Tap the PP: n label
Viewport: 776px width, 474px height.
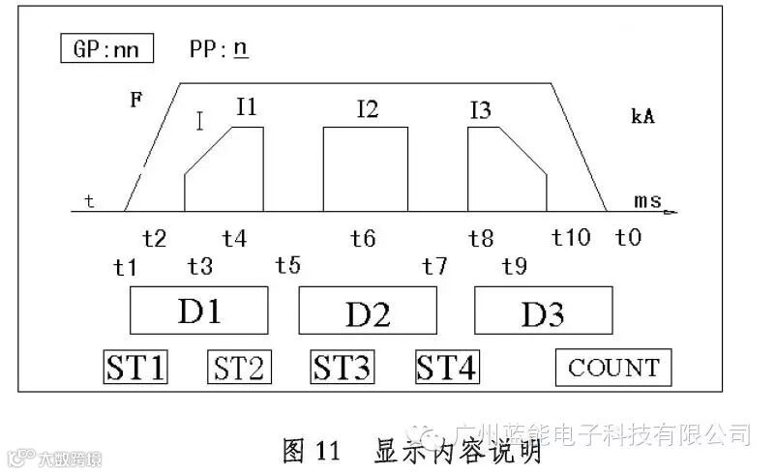(x=220, y=49)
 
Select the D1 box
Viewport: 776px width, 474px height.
(x=198, y=311)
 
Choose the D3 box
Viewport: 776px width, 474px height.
(x=543, y=313)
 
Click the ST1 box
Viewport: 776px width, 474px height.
(x=135, y=368)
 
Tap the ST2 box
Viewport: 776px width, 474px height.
(x=240, y=368)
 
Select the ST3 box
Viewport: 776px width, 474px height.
(x=343, y=368)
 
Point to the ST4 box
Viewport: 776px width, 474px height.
(x=447, y=368)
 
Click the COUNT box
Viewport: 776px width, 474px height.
(x=613, y=368)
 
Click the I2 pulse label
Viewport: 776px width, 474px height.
(x=367, y=109)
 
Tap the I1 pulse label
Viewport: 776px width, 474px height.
(x=247, y=108)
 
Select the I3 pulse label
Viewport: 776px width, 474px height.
(x=479, y=109)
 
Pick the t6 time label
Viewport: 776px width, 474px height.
(x=363, y=237)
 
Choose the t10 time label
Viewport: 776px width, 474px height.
(x=571, y=237)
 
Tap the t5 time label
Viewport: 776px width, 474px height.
(x=288, y=265)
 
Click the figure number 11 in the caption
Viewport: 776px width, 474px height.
(x=325, y=451)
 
